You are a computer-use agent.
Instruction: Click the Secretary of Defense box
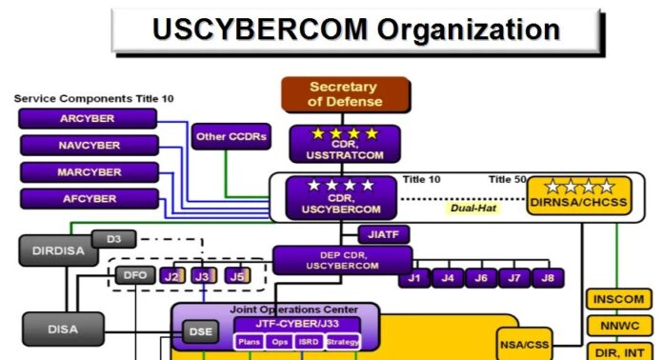(x=345, y=94)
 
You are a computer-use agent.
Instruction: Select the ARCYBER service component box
(x=88, y=118)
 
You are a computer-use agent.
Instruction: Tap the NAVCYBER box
(x=88, y=146)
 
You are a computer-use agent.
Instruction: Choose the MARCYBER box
(x=88, y=172)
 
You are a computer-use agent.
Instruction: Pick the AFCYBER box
(x=88, y=199)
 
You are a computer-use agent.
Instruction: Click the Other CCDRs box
(x=230, y=136)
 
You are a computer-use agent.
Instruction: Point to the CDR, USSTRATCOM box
(x=345, y=143)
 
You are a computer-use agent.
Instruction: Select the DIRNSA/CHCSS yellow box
(x=572, y=195)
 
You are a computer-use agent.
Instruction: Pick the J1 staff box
(x=414, y=278)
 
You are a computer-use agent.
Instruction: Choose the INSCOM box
(x=618, y=299)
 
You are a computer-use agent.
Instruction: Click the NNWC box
(x=618, y=327)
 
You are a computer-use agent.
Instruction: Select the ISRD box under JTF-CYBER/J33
(x=309, y=342)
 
